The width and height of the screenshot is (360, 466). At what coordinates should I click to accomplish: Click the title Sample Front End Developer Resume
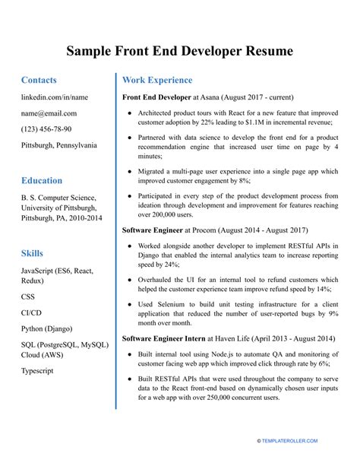coord(180,51)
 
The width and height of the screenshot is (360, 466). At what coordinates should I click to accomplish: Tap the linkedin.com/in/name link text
coord(55,97)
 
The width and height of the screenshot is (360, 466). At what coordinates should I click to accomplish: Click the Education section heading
coord(42,180)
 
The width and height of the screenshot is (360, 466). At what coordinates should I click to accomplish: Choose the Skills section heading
coord(32,253)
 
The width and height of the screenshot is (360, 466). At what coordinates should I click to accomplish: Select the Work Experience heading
coord(157,80)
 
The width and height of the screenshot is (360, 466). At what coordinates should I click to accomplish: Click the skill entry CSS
coord(29,297)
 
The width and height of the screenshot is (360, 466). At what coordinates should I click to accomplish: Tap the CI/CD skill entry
coord(33,312)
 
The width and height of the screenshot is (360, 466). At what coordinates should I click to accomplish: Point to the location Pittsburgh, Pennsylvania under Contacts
coord(59,145)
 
